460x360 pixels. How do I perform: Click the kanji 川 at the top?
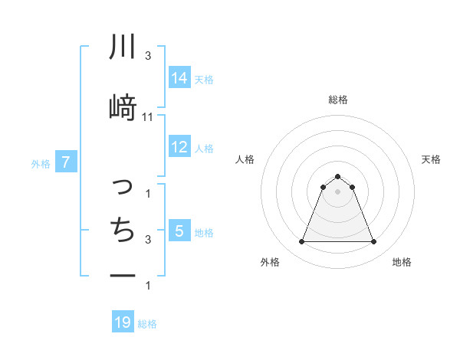123,47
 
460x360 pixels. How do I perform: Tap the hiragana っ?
122,186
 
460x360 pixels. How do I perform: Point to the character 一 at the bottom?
123,275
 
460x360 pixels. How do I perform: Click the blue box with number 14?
179,78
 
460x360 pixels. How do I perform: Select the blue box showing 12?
179,147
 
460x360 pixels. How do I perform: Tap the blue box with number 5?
179,231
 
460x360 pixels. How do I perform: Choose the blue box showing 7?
66,162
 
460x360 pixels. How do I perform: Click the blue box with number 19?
123,322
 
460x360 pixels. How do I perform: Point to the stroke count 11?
148,116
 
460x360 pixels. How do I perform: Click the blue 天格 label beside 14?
204,79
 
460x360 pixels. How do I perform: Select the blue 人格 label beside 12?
204,148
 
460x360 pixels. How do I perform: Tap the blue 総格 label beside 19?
147,324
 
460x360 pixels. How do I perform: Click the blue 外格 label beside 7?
41,163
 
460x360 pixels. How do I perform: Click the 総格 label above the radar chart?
338,100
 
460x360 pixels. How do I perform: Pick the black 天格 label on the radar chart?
432,159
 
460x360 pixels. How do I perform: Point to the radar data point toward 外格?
301,242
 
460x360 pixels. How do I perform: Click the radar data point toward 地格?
374,242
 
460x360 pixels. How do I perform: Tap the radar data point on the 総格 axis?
337,177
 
